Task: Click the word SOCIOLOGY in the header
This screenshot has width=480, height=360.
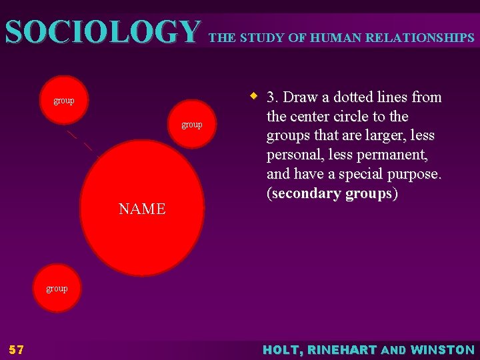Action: click(x=102, y=31)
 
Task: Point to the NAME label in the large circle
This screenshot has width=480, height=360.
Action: click(x=142, y=209)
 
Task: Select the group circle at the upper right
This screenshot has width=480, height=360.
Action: click(x=192, y=125)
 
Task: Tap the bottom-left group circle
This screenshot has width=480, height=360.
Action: click(x=57, y=289)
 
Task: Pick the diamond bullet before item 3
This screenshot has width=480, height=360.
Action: click(x=254, y=96)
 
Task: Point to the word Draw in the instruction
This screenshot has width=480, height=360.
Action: click(x=301, y=97)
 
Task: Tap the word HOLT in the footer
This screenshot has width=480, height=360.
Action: click(x=283, y=350)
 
